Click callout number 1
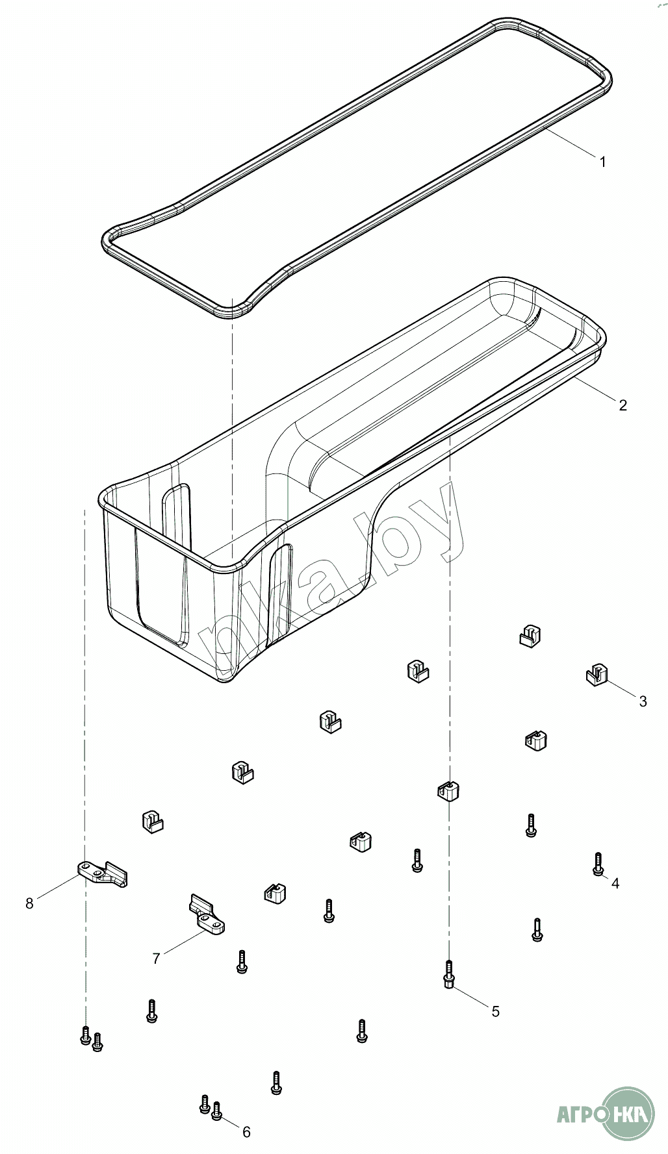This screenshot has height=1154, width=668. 602,162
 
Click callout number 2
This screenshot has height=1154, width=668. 623,405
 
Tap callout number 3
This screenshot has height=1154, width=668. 643,701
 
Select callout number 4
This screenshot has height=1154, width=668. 615,883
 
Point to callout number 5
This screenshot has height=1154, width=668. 495,1011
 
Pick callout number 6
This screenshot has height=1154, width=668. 246,1132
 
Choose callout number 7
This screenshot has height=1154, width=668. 156,958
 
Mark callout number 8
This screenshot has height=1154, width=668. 29,903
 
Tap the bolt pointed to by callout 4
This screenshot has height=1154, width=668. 598,864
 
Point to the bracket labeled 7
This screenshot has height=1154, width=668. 207,916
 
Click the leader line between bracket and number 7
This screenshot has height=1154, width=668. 185,943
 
